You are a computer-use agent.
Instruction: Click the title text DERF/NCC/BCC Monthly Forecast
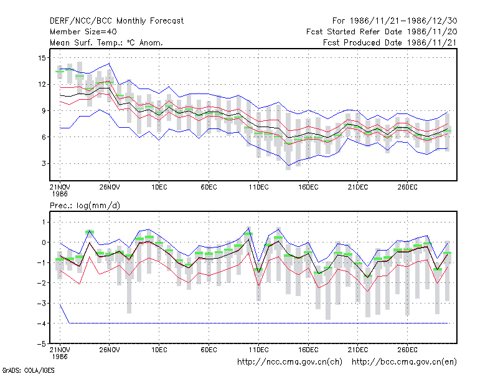click(116, 21)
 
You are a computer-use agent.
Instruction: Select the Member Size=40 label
click(83, 32)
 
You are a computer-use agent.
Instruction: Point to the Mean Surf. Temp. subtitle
click(106, 42)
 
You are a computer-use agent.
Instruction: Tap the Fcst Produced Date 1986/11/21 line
click(390, 42)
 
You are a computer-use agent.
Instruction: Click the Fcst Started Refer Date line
click(382, 32)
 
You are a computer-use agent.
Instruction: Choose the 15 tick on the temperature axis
click(42, 58)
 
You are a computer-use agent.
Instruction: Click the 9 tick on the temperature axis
click(44, 111)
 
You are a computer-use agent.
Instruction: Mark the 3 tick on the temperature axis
click(44, 163)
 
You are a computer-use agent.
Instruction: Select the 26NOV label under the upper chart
click(110, 187)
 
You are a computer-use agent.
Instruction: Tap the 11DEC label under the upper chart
click(258, 187)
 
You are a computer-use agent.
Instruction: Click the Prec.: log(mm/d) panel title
click(85, 206)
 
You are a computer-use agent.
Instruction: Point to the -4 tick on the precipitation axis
click(41, 324)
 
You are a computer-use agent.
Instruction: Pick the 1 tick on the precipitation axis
click(44, 222)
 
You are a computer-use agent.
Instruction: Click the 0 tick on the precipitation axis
click(44, 242)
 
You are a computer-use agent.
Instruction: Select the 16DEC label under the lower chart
click(308, 350)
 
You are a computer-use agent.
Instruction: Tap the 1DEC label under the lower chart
click(159, 350)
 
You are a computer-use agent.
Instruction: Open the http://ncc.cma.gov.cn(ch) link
click(289, 362)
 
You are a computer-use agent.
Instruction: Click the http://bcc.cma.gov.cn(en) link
click(404, 362)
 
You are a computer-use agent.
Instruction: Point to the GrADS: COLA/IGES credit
click(28, 370)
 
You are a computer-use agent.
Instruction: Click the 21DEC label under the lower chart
click(357, 350)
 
